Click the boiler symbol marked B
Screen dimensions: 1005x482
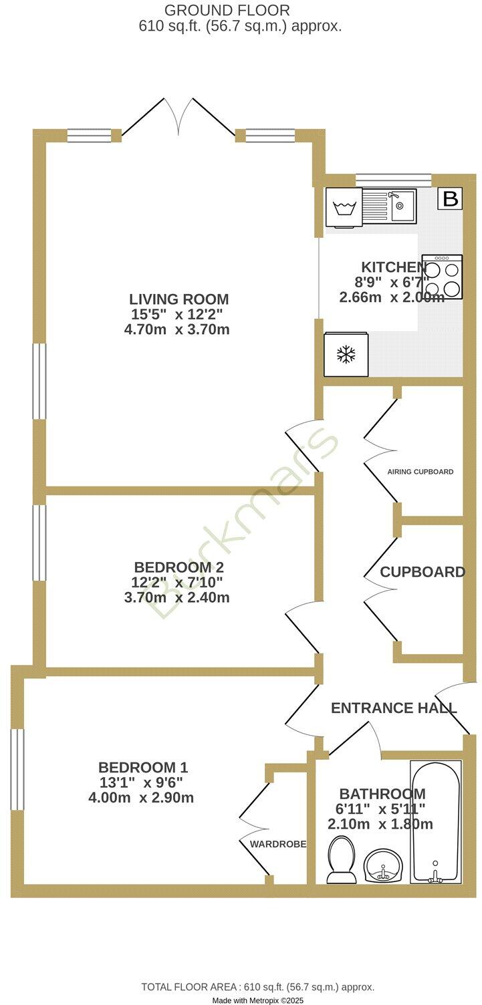click(451, 198)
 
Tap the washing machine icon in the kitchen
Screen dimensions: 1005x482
click(344, 207)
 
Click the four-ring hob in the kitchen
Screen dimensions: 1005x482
click(442, 277)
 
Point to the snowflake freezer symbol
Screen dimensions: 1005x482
click(346, 355)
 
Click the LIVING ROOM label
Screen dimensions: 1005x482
click(179, 299)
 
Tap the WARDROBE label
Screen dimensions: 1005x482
click(278, 845)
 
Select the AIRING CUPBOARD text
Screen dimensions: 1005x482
click(420, 472)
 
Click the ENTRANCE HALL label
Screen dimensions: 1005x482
click(394, 708)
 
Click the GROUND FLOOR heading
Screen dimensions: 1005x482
click(227, 11)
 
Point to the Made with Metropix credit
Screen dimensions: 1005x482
click(258, 1000)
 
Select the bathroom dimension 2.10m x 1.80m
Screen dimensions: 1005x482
click(380, 825)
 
